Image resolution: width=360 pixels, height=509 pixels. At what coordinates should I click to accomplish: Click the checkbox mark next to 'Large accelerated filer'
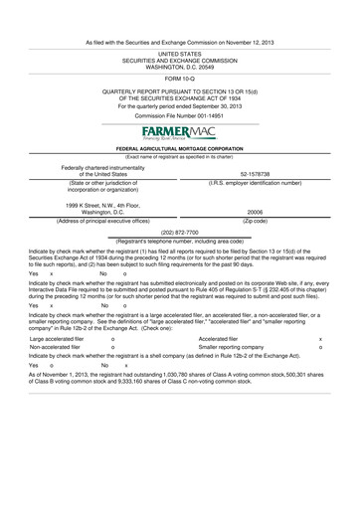pos(113,338)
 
